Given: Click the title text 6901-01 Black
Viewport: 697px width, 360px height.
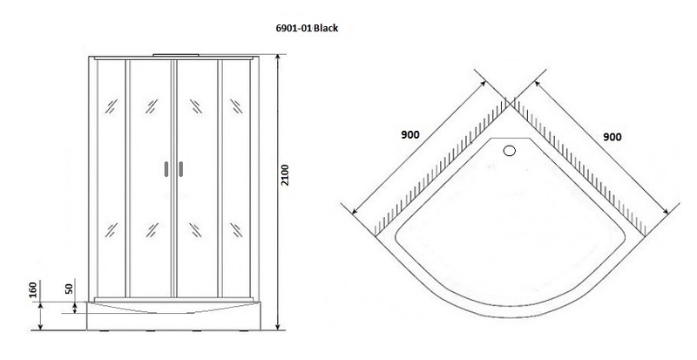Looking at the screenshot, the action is (307, 28).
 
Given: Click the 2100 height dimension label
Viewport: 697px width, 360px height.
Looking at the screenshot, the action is (285, 175).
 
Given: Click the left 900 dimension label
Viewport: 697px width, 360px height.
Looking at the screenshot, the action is (409, 134).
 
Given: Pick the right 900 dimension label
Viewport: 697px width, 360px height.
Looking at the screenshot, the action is (612, 137).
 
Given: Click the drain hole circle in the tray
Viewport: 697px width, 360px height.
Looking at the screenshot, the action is (510, 151).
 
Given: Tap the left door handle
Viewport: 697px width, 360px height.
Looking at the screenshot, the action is (166, 169).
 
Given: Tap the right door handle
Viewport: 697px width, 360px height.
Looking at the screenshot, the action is (180, 169).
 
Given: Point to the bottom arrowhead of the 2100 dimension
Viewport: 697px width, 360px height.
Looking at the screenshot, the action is (278, 327).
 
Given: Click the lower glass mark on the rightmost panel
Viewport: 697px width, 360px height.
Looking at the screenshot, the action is (235, 230).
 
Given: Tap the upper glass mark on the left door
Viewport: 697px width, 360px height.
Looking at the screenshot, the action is (152, 106).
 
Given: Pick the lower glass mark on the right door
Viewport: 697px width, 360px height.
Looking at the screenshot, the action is (195, 230).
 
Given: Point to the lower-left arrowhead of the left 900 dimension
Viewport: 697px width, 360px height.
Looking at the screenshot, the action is (355, 211).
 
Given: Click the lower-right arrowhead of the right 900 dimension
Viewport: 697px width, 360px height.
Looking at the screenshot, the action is (667, 211).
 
